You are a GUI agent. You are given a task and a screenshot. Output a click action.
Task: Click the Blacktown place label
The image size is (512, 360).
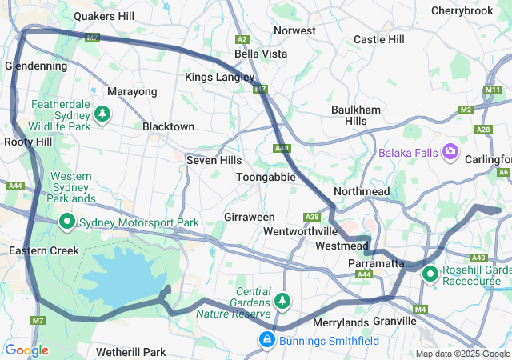[168, 126]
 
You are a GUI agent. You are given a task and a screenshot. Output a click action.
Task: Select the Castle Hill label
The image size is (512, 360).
[378, 39]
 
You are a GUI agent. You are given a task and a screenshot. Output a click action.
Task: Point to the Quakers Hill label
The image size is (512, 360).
[105, 15]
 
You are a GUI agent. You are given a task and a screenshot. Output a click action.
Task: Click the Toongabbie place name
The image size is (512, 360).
[266, 177]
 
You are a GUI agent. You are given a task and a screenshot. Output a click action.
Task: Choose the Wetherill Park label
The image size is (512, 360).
[130, 352]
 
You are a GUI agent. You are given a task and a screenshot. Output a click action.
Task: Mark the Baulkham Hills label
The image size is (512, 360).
[350, 114]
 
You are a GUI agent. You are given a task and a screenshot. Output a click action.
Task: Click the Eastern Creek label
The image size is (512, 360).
[44, 250]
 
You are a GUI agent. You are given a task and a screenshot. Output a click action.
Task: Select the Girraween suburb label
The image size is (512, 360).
[250, 217]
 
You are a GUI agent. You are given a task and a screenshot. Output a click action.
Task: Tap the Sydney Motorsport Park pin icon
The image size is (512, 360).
[67, 222]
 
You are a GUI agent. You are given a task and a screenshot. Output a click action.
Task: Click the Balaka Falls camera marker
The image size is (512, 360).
[450, 151]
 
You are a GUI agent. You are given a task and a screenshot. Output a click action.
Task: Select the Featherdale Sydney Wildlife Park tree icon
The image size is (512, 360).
[102, 115]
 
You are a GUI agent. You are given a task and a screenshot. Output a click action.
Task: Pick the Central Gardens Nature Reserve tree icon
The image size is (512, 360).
[282, 301]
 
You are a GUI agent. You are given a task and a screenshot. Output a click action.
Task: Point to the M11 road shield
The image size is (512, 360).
[493, 90]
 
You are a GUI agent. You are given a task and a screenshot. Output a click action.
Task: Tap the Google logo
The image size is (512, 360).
[26, 350]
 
